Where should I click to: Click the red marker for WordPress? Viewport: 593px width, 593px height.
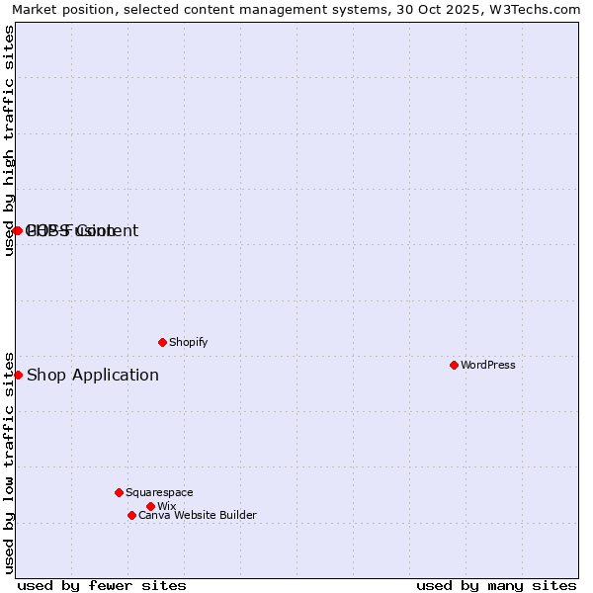(x=454, y=365)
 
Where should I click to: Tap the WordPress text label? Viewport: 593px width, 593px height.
(x=488, y=365)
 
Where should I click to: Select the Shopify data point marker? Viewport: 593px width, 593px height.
(x=162, y=342)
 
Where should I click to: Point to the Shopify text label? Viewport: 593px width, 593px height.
(x=189, y=342)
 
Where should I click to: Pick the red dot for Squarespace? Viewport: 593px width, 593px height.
(x=119, y=492)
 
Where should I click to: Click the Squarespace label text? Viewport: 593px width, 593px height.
(x=159, y=492)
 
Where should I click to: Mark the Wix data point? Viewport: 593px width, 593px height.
(x=150, y=506)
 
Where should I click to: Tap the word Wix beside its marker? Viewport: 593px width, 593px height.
(x=166, y=506)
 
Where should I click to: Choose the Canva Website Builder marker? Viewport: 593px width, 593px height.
(x=131, y=515)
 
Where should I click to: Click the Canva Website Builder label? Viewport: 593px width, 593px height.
(x=198, y=515)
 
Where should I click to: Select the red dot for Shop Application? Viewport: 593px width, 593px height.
(x=18, y=375)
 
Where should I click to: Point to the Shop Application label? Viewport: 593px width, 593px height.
(x=93, y=375)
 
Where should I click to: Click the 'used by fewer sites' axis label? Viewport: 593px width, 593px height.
(x=102, y=585)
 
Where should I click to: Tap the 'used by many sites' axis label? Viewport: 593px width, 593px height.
(x=496, y=585)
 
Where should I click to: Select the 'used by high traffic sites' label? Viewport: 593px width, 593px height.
(x=9, y=140)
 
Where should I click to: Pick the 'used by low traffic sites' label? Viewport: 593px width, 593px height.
(x=9, y=462)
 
